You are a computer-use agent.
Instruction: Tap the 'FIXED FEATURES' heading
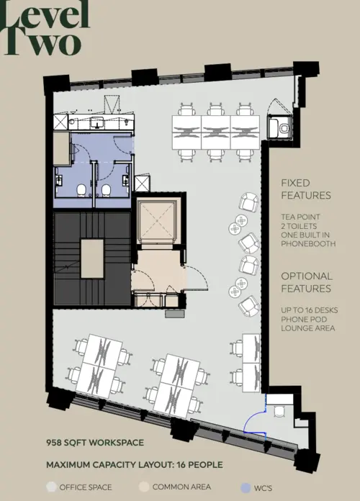click(306, 189)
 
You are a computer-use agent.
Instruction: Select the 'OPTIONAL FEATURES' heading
click(306, 282)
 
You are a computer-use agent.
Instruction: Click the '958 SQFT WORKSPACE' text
click(95, 442)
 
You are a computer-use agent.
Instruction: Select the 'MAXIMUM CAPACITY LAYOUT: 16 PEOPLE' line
click(135, 465)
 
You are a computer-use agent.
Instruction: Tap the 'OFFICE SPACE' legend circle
click(51, 487)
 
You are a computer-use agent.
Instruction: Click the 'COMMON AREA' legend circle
click(143, 487)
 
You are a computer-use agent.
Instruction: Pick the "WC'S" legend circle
click(246, 487)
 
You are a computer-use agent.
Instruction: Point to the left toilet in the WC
click(82, 189)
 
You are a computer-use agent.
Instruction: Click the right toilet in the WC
click(106, 189)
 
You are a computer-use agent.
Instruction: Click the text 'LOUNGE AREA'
click(308, 328)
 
